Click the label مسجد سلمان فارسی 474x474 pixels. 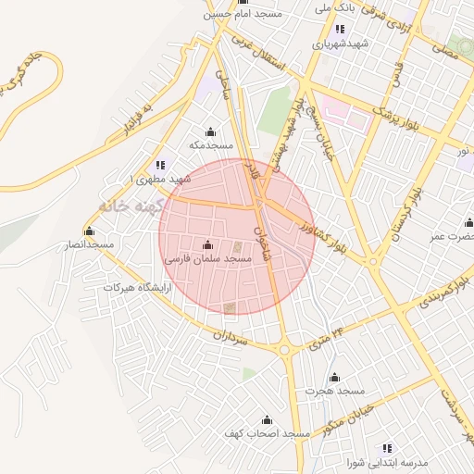coord(207,261)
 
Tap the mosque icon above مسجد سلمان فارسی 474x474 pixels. coord(206,245)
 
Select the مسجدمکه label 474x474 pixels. coord(209,145)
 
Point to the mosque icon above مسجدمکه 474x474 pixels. coord(210,131)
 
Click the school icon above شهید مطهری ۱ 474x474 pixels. coord(159,165)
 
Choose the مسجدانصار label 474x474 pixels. coord(88,244)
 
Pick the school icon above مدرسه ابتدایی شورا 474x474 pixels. coord(387,448)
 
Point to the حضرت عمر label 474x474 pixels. coord(451,236)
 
